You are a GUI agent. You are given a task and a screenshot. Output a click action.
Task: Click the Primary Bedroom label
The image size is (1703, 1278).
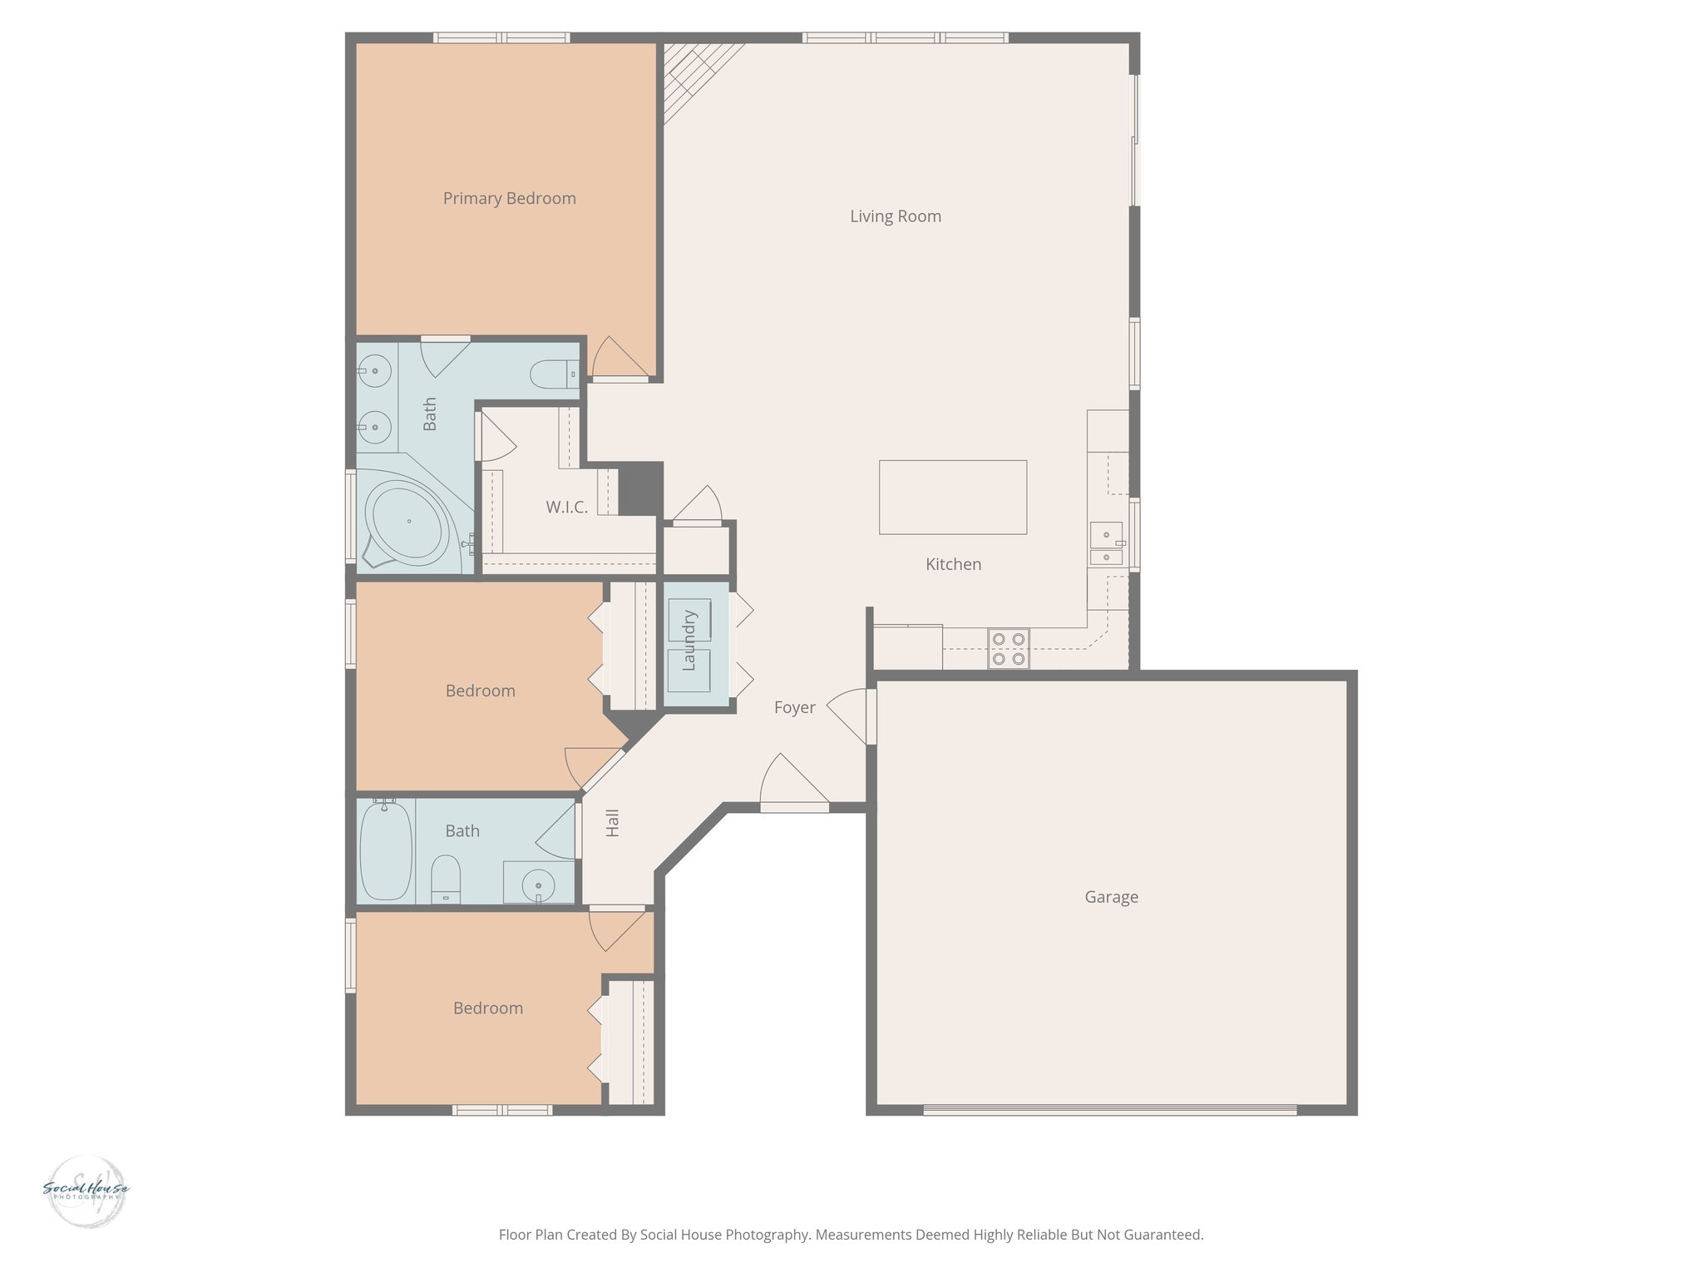[x=509, y=198]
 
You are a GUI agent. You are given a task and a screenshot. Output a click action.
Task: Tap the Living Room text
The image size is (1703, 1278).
[x=895, y=216]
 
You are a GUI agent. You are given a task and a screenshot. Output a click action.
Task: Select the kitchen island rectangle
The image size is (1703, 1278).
[x=952, y=497]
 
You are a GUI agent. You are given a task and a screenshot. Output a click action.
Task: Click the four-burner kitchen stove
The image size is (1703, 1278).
[x=1009, y=649]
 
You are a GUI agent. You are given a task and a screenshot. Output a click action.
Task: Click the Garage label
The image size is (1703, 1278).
[x=1111, y=897]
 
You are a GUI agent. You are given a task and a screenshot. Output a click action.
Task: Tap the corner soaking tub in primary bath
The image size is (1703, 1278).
[x=407, y=522]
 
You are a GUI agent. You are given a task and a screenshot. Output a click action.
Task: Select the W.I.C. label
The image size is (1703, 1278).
[x=566, y=507]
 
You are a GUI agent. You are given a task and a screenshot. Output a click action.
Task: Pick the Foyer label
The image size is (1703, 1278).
[x=794, y=707]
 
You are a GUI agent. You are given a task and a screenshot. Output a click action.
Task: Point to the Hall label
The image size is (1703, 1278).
[x=613, y=823]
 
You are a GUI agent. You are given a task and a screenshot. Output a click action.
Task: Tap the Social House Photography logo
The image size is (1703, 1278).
[x=86, y=1191]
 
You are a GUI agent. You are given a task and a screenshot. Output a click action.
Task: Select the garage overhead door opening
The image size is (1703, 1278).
[x=1109, y=1109]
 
